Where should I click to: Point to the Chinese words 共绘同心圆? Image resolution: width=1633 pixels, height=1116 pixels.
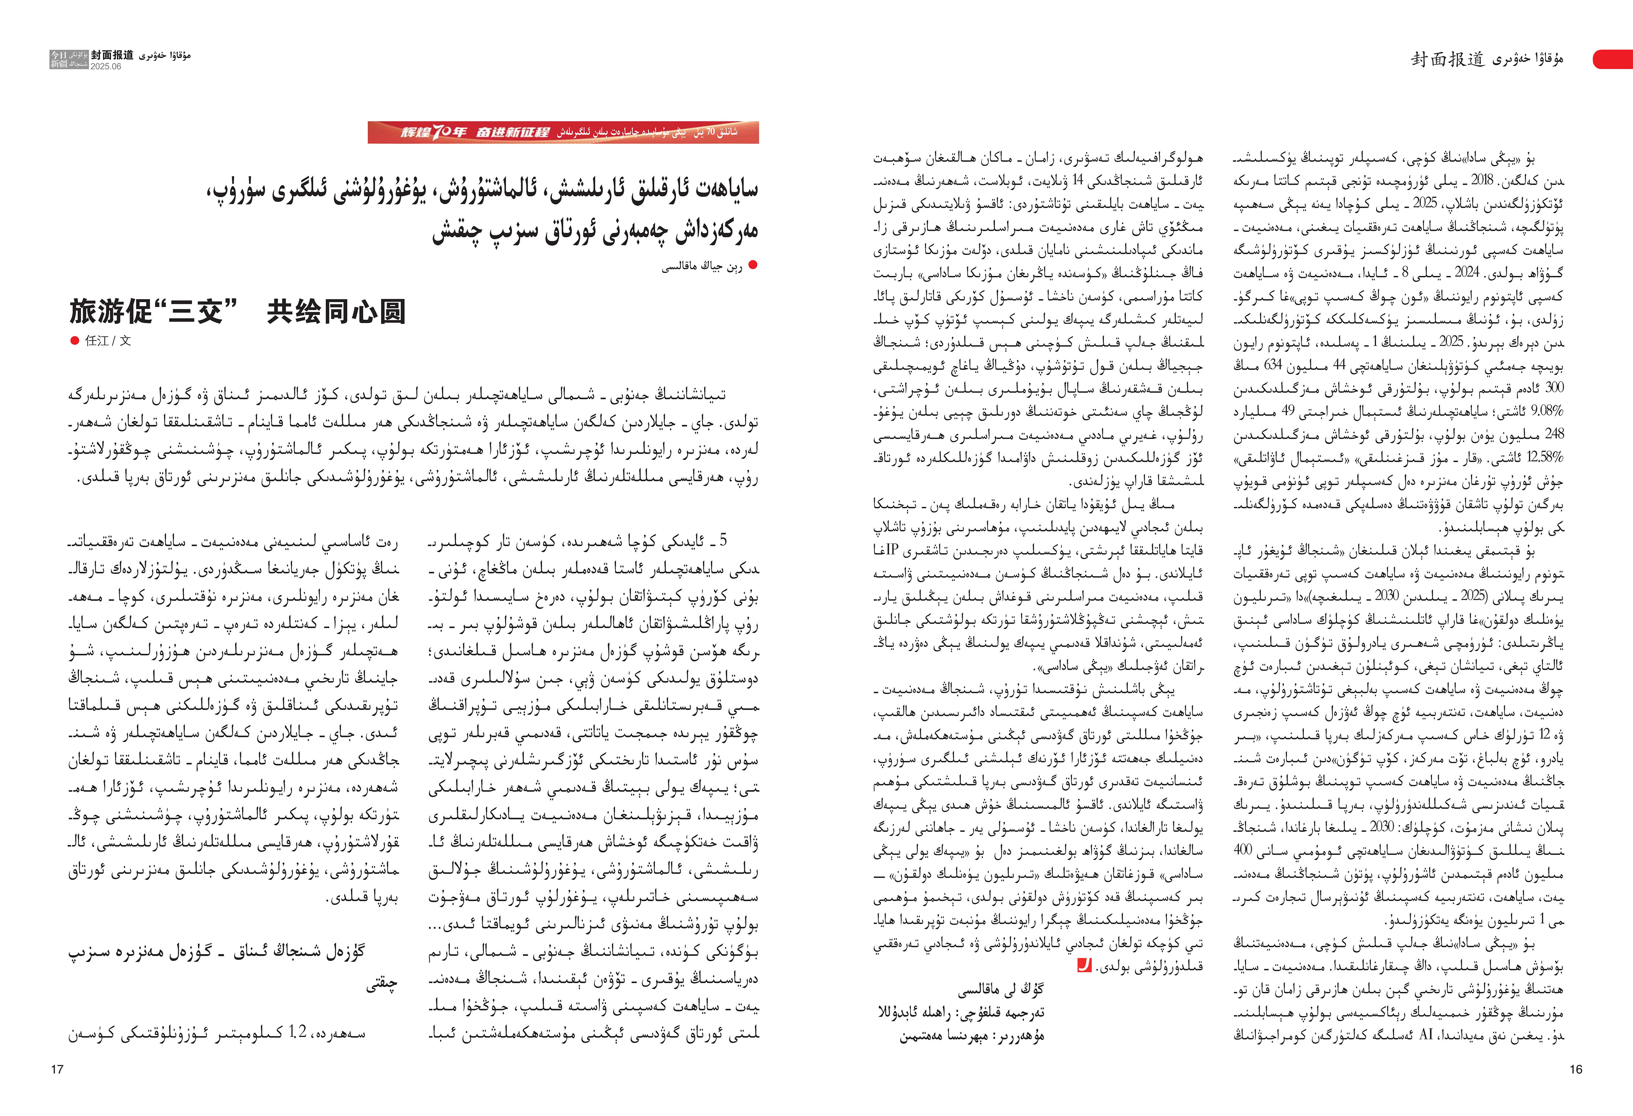point(336,312)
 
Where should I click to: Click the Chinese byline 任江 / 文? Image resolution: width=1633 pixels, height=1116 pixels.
point(107,341)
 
